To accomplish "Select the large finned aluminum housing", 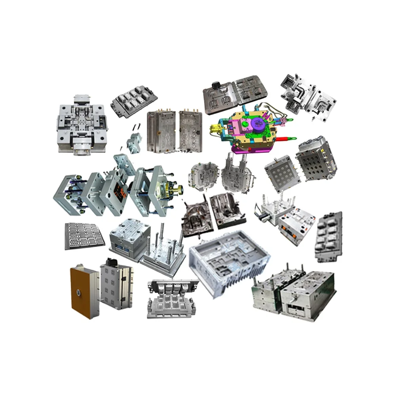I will tap(229, 262).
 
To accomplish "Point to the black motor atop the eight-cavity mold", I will tap(110, 263).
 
